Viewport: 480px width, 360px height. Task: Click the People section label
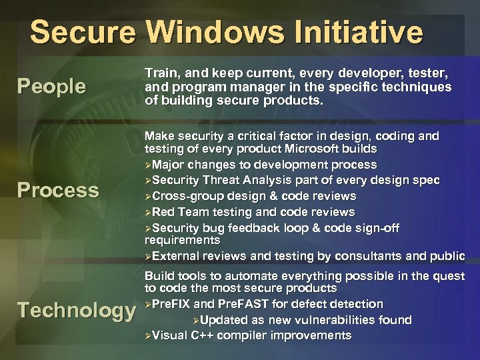[x=51, y=87]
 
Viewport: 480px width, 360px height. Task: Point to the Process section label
[x=58, y=190]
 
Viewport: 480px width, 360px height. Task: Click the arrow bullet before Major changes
[x=148, y=165]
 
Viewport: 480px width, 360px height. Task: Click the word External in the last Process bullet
[x=175, y=256]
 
